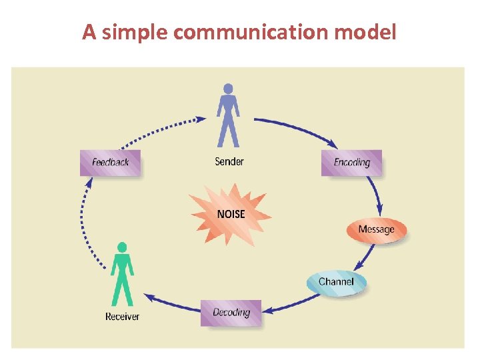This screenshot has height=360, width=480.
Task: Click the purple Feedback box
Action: tap(110, 163)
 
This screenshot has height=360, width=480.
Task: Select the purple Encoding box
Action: tap(351, 163)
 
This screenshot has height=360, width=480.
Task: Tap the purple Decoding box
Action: tap(231, 313)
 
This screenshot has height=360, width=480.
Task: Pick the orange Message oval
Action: tap(376, 230)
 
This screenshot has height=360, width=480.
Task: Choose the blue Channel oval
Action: tap(336, 282)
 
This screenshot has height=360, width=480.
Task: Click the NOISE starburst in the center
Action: tap(231, 214)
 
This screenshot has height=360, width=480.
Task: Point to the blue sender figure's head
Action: tap(228, 88)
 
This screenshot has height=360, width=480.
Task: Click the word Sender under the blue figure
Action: tap(229, 161)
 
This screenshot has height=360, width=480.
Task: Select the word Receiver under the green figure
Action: tap(123, 317)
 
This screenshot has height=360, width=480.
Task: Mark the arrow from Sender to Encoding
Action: tap(297, 127)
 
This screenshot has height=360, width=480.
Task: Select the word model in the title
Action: tap(369, 31)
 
